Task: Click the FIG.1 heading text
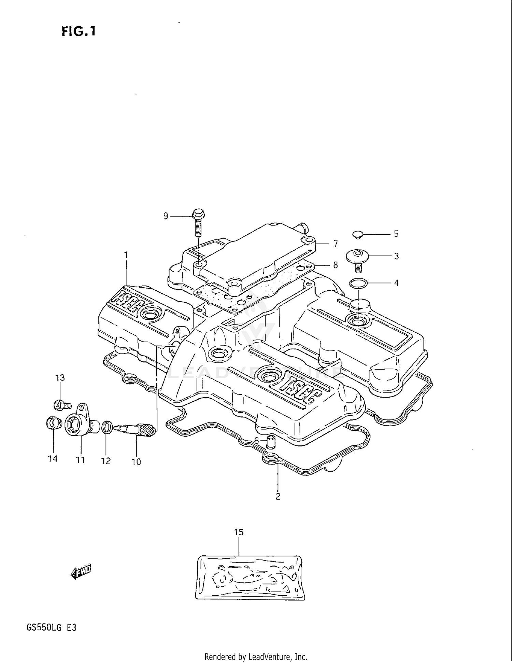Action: (79, 31)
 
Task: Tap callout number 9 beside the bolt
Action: (166, 216)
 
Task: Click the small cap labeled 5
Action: (357, 234)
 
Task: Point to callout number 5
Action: (396, 234)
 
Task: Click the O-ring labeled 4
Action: (358, 283)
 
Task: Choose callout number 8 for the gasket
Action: (335, 265)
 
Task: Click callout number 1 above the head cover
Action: (126, 255)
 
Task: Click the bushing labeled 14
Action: (53, 424)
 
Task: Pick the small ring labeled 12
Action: (107, 427)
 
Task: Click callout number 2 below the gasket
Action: (278, 497)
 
